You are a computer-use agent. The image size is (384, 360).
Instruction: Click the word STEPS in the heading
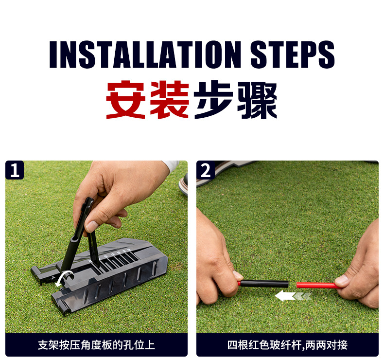(x=293, y=54)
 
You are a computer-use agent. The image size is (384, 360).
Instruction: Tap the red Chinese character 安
(x=126, y=100)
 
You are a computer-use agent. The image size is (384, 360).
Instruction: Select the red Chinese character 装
(x=170, y=100)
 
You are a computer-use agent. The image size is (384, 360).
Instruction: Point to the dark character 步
(x=213, y=100)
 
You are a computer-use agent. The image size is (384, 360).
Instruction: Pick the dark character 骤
(x=257, y=100)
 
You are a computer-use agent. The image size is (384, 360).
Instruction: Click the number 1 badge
(x=15, y=170)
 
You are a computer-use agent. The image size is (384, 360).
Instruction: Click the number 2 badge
(x=206, y=170)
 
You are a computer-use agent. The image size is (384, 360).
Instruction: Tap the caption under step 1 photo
(x=97, y=345)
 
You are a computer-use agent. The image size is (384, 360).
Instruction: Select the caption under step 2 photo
(x=287, y=345)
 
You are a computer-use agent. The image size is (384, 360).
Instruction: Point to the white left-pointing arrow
(x=294, y=296)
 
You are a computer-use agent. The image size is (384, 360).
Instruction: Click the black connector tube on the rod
(x=264, y=284)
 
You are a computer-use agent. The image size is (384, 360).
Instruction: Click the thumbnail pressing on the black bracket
(x=92, y=226)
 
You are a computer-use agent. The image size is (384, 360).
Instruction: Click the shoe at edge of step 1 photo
(x=183, y=184)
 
